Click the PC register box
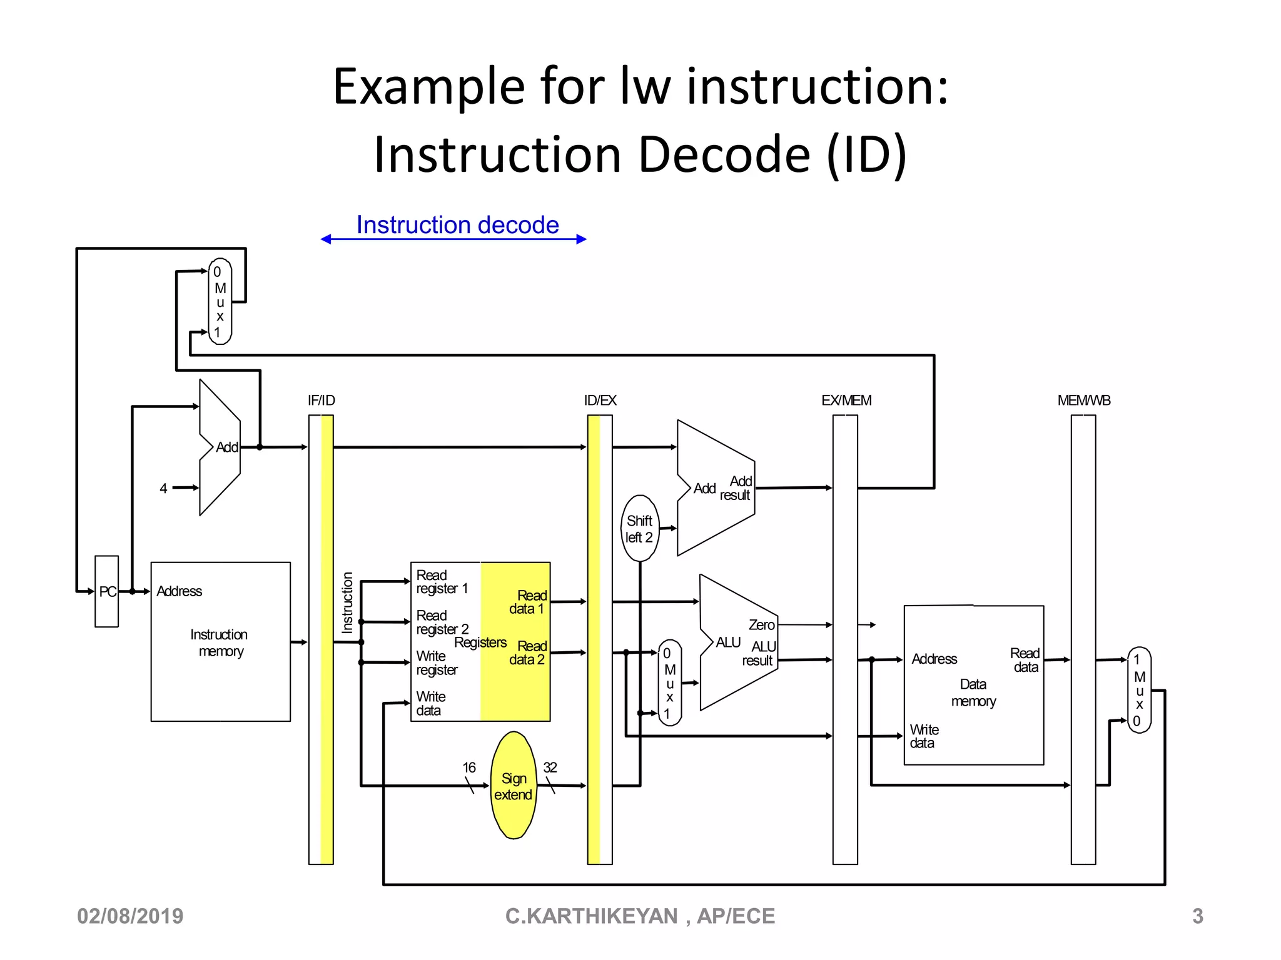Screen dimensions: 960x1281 tap(106, 591)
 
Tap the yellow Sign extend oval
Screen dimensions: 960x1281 tap(514, 786)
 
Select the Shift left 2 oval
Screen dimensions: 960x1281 tap(639, 529)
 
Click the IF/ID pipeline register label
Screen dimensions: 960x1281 tap(321, 401)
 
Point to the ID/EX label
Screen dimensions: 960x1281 tap(600, 401)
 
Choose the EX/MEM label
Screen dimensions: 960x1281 tap(846, 401)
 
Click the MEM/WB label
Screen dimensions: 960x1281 tap(1083, 401)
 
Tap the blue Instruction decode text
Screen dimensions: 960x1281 tap(457, 225)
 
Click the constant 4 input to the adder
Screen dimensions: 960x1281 tap(163, 488)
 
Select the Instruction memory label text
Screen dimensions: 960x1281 tap(219, 642)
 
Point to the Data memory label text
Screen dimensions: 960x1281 tap(973, 692)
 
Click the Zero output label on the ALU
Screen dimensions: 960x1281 tap(761, 625)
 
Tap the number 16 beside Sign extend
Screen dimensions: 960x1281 tap(469, 767)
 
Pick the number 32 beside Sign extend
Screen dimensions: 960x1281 tap(550, 767)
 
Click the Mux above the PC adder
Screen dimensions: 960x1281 tap(220, 302)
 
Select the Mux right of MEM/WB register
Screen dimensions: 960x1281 tap(1139, 690)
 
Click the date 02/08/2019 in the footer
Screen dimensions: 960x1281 tap(130, 916)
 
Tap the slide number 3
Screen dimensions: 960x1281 tap(1197, 916)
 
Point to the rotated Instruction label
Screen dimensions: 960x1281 tap(348, 602)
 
